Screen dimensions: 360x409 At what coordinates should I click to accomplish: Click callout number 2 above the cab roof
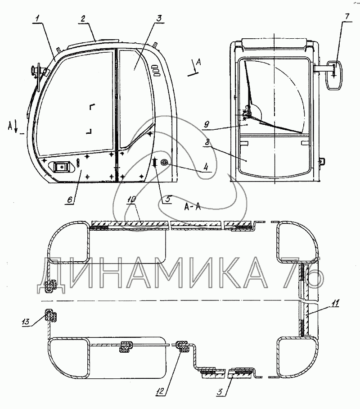83,18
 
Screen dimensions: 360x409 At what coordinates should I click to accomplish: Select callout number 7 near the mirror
346,16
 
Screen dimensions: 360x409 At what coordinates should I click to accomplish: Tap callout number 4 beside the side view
206,167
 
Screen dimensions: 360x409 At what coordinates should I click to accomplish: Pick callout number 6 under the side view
69,200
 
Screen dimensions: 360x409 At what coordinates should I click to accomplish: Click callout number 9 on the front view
207,124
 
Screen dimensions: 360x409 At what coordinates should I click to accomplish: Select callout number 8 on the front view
207,142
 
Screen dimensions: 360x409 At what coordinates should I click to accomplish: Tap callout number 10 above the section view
131,200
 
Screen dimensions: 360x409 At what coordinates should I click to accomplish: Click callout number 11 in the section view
335,303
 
